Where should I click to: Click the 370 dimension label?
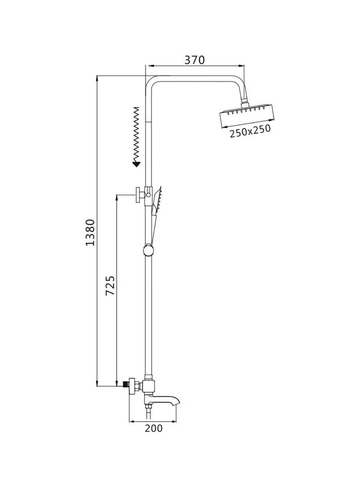[194, 60]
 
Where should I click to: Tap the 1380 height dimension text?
[90, 232]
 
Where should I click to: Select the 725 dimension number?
[110, 286]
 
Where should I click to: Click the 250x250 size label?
[250, 131]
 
